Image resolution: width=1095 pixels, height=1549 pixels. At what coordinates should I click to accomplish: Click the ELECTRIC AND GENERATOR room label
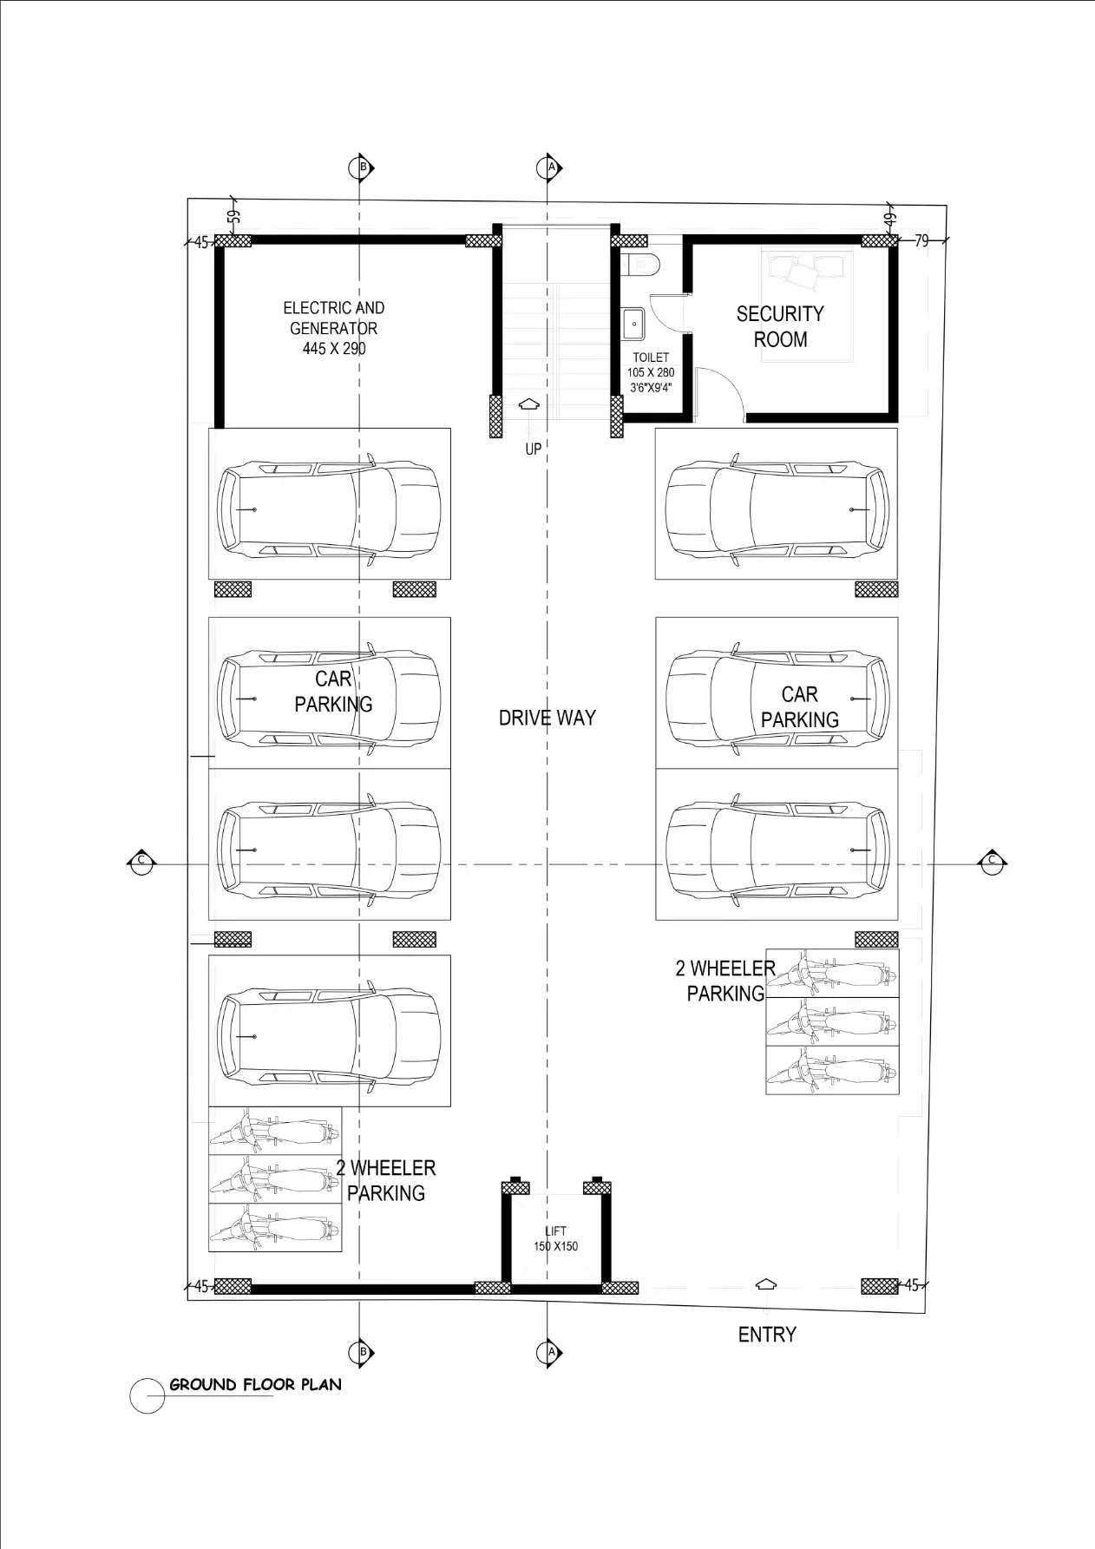(x=334, y=328)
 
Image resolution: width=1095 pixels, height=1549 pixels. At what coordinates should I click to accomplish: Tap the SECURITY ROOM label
(x=780, y=326)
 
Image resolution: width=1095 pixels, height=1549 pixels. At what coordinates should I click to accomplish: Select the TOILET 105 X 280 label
(x=651, y=372)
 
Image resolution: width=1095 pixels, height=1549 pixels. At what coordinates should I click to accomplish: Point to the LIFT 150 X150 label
(x=555, y=1238)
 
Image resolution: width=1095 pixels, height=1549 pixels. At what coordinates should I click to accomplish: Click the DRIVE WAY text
(x=547, y=718)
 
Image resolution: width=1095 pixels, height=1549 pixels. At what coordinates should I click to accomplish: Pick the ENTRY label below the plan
(x=767, y=1335)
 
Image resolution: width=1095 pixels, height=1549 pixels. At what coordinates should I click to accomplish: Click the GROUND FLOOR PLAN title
(x=255, y=1384)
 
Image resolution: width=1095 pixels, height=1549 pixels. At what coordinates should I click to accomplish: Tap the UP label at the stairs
(x=533, y=449)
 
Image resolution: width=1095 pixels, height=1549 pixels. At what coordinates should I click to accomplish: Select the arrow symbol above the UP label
(x=528, y=405)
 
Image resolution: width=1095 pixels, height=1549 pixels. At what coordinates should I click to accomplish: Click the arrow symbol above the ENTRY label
(x=766, y=1284)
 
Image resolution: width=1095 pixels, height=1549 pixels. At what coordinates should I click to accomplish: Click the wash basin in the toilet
(x=633, y=324)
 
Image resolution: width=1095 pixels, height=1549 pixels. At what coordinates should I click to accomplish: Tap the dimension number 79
(x=921, y=240)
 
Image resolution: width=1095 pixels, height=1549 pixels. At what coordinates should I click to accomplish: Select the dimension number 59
(x=233, y=217)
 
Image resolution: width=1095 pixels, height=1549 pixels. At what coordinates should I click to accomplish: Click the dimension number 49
(x=889, y=220)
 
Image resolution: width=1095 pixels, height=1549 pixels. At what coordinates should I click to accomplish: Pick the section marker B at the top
(x=362, y=167)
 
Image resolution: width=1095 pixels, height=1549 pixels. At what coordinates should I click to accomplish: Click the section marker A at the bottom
(x=549, y=1352)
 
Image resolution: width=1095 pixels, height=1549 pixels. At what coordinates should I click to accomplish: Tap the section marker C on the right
(x=992, y=861)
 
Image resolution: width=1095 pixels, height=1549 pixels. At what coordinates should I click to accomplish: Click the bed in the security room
(x=807, y=305)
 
